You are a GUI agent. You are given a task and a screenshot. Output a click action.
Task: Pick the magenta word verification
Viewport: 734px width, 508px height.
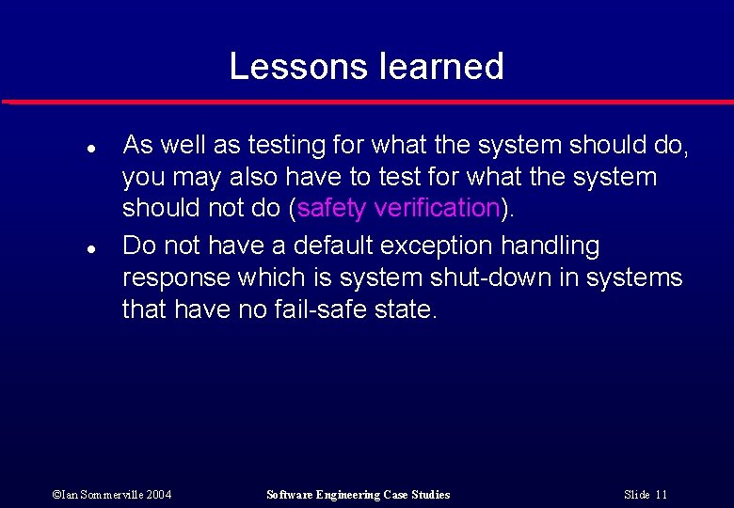pyautogui.click(x=438, y=208)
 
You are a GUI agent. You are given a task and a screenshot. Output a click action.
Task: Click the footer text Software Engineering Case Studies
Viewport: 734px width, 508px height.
pyautogui.click(x=359, y=495)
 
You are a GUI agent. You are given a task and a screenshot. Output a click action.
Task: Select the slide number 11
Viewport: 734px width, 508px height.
pyautogui.click(x=662, y=495)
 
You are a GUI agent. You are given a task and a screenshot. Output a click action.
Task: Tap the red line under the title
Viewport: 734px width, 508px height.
pyautogui.click(x=367, y=102)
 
